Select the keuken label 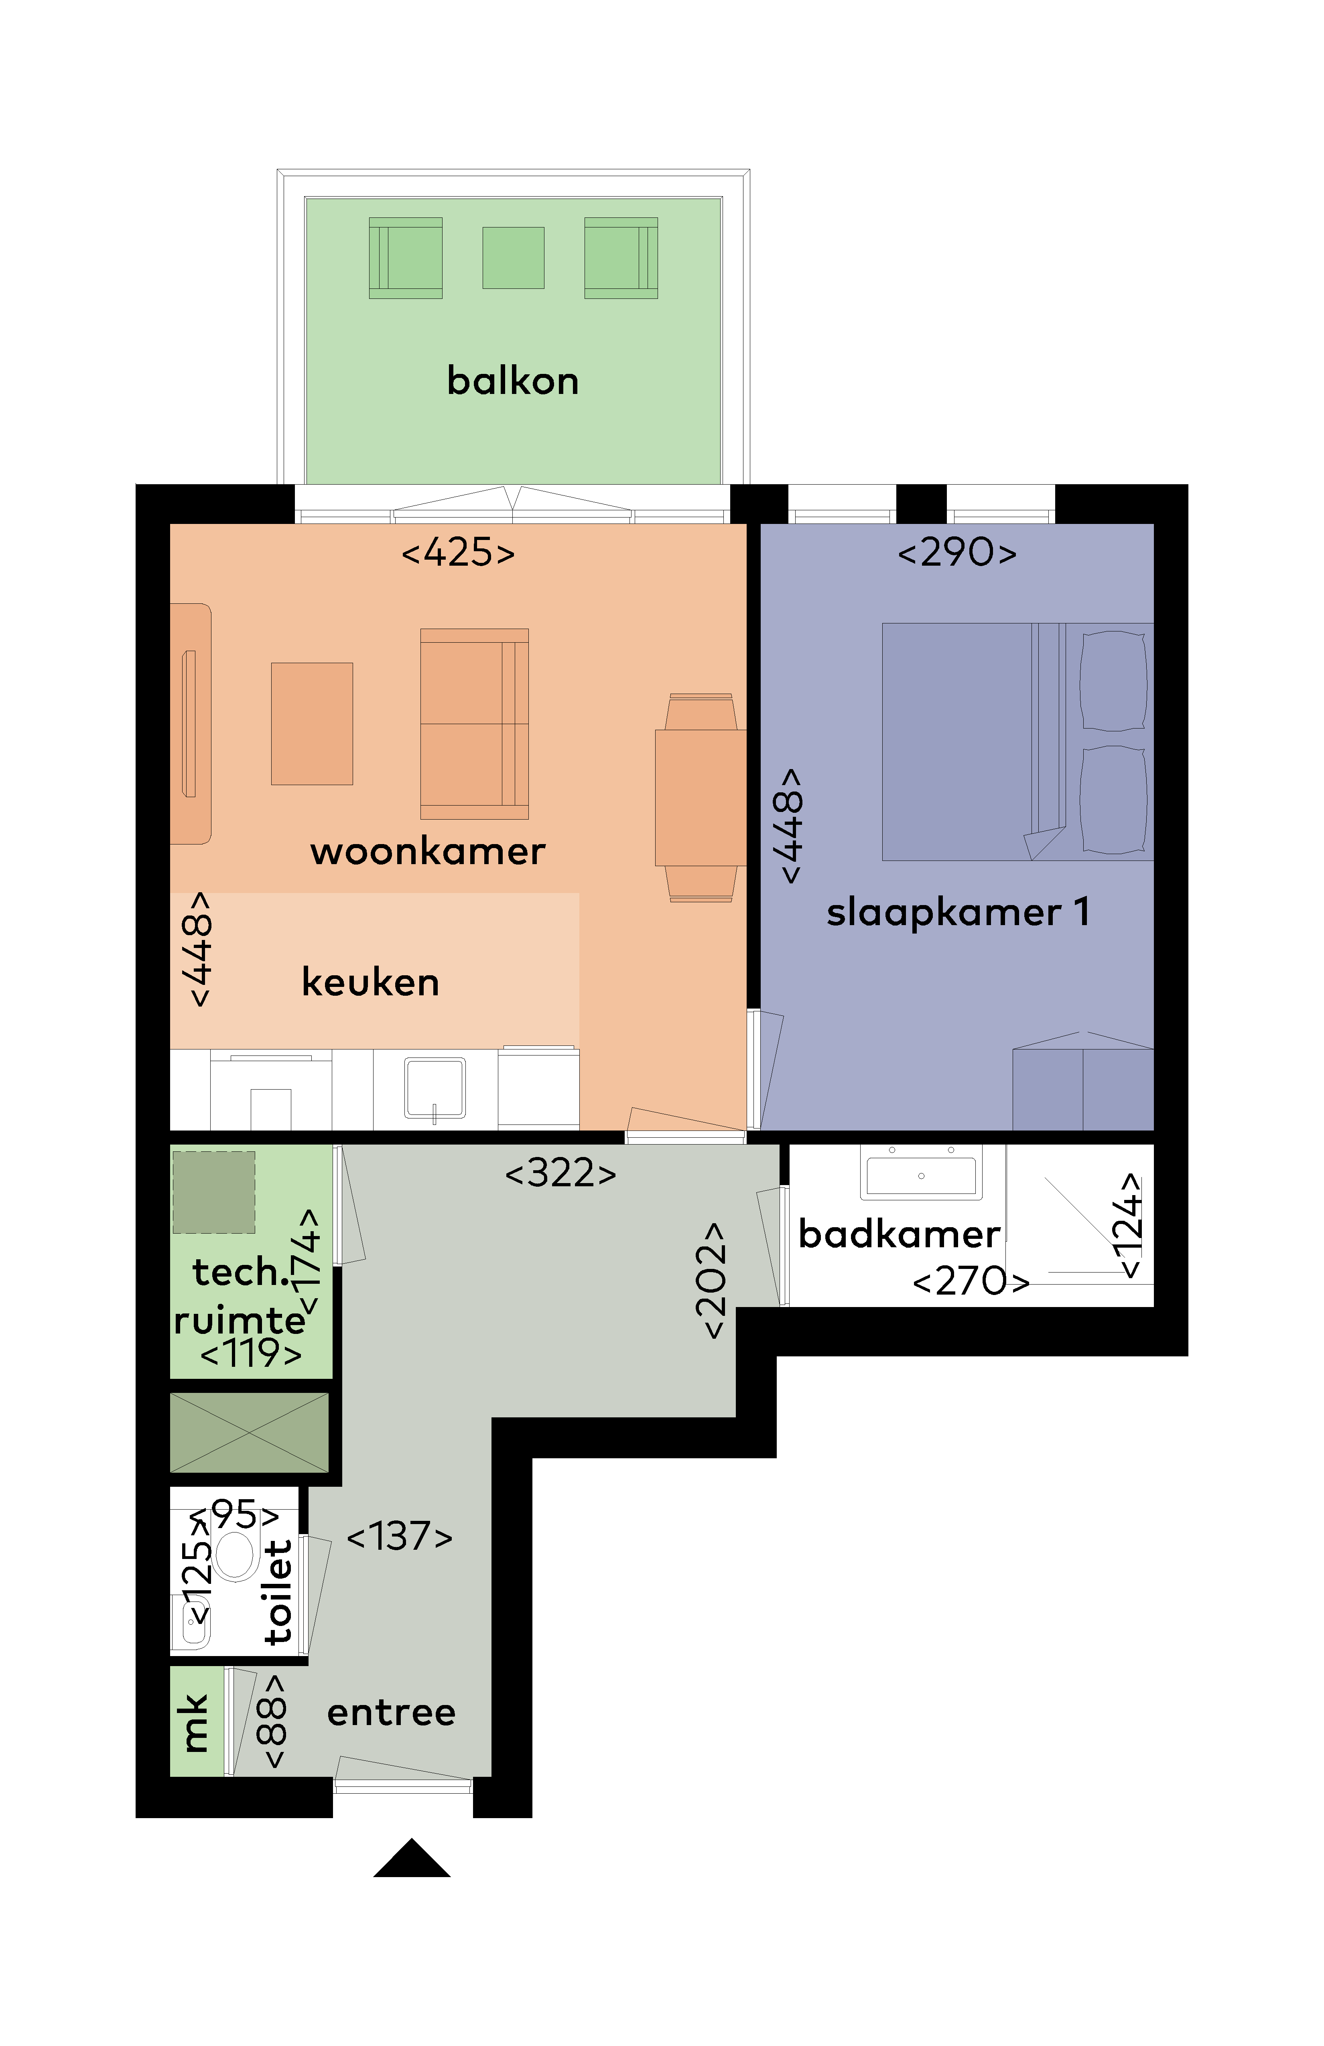371,982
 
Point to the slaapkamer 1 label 958,912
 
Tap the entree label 391,1713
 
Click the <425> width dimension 458,552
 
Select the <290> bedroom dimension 957,552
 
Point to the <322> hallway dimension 560,1173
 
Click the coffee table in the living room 312,724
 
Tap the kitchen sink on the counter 435,1088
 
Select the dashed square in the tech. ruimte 214,1192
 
